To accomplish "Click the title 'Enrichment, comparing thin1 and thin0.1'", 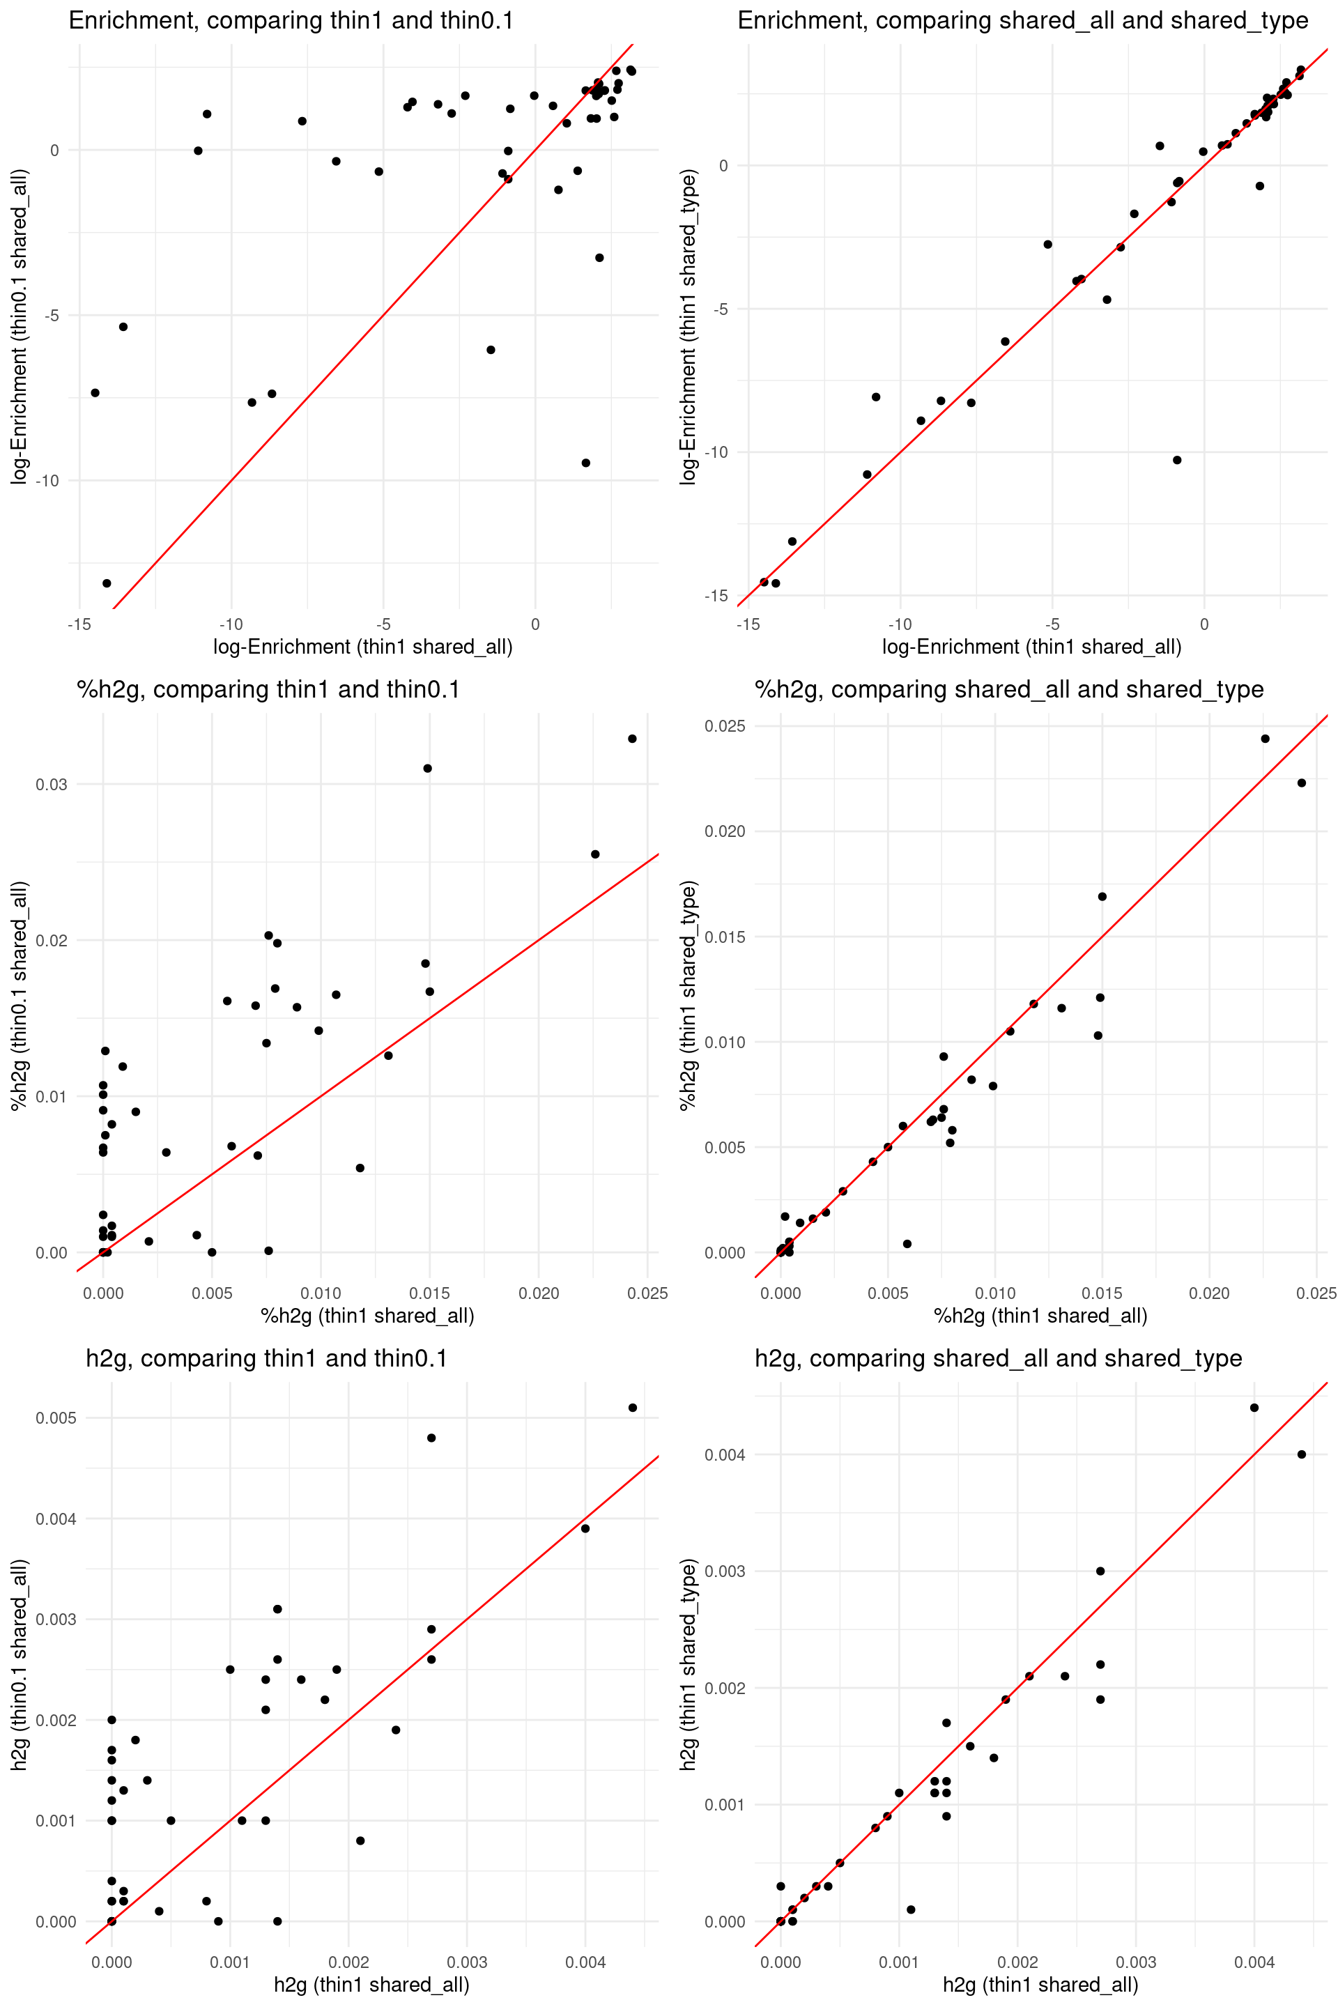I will coord(291,20).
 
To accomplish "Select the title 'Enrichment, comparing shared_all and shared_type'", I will coord(1022,20).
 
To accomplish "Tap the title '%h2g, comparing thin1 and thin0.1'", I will coord(268,689).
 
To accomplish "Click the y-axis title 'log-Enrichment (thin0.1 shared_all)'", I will coord(20,327).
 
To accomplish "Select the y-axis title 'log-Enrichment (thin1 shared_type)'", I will coord(689,327).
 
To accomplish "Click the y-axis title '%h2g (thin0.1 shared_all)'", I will coord(20,996).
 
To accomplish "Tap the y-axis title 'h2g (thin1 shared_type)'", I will coord(689,1664).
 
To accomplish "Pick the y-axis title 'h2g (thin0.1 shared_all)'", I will coord(20,1664).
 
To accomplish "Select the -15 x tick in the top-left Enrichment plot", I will coord(79,624).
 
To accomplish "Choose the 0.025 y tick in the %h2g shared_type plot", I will coord(725,726).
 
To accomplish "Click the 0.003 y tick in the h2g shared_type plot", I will coord(725,1571).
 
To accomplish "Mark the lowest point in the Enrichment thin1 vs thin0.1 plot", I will coord(107,584).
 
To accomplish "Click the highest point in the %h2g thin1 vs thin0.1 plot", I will coord(632,739).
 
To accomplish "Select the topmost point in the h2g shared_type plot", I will coord(1254,1408).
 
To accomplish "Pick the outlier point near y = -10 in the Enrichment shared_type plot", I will coord(1177,460).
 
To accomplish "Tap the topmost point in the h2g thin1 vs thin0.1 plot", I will coord(632,1408).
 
